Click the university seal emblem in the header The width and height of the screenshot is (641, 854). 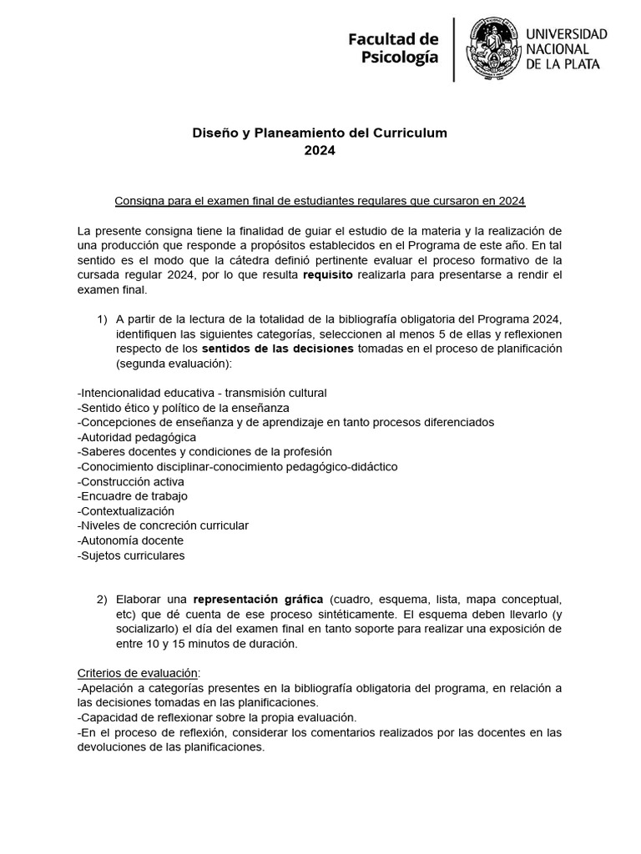coord(492,49)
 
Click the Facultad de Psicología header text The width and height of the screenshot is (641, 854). coord(392,48)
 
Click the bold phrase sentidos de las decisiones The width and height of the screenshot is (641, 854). coord(278,348)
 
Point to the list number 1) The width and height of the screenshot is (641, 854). coord(103,319)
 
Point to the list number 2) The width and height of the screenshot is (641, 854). coord(103,599)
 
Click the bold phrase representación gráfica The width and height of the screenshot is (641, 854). coord(258,599)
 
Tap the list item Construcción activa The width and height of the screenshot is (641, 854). coord(130,481)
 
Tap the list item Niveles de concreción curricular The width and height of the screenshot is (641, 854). coord(163,525)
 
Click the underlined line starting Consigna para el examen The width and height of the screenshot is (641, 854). coord(320,201)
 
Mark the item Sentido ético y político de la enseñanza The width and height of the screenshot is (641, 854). coord(183,407)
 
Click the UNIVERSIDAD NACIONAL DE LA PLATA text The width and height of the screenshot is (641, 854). coord(566,49)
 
